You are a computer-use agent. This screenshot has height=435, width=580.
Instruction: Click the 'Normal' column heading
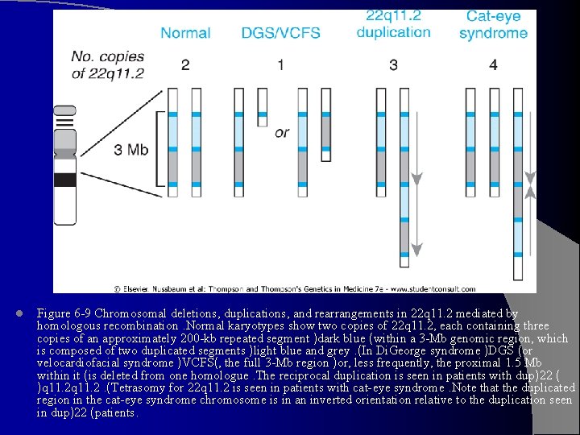click(x=185, y=33)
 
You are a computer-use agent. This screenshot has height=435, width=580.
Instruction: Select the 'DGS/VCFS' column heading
click(x=280, y=33)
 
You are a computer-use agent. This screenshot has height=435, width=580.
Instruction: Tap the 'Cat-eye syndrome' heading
click(x=493, y=25)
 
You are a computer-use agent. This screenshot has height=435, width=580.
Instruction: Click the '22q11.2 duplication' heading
click(x=393, y=24)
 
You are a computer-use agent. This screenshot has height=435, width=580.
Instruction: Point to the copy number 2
click(x=185, y=64)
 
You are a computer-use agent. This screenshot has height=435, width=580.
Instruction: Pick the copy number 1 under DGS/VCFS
click(x=280, y=64)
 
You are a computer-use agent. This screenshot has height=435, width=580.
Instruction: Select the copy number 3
click(x=393, y=64)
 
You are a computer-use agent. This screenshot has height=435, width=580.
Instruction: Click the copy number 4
click(x=493, y=64)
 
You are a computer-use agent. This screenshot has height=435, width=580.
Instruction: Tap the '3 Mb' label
click(x=130, y=150)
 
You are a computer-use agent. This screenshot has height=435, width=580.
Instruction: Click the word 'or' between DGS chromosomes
click(x=281, y=132)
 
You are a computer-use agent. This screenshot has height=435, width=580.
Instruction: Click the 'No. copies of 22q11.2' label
click(x=107, y=64)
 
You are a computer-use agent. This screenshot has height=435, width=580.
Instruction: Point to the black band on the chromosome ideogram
click(x=64, y=180)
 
